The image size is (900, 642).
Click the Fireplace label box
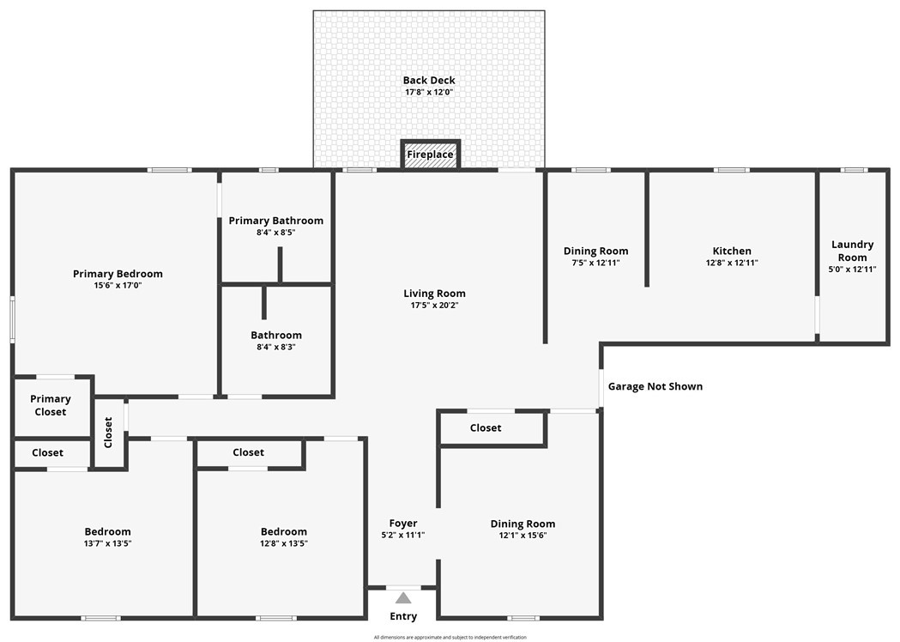click(x=431, y=154)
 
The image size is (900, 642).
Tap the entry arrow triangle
click(x=403, y=598)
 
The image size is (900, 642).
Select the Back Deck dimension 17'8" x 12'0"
click(x=429, y=92)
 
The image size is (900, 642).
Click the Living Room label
click(x=434, y=294)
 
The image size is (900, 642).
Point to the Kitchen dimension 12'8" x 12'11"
click(x=732, y=263)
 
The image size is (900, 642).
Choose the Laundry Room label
click(x=852, y=251)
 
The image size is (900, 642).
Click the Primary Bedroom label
click(x=118, y=274)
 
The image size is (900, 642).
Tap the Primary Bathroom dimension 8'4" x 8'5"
click(x=276, y=233)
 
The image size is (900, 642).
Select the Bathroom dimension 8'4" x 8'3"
click(x=276, y=347)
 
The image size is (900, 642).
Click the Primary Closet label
click(x=51, y=405)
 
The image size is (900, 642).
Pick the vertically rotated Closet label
click(x=108, y=433)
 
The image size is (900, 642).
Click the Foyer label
click(x=403, y=524)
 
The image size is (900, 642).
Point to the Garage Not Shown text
click(x=655, y=386)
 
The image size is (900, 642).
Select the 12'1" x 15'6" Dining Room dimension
click(x=522, y=536)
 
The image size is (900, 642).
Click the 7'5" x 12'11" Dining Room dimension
click(x=595, y=263)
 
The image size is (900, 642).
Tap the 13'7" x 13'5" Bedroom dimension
click(x=108, y=543)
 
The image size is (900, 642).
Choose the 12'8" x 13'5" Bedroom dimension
click(x=284, y=543)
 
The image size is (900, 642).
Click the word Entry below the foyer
click(x=403, y=616)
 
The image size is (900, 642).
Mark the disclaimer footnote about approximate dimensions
click(x=450, y=638)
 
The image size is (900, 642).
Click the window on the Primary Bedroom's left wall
click(x=13, y=320)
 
